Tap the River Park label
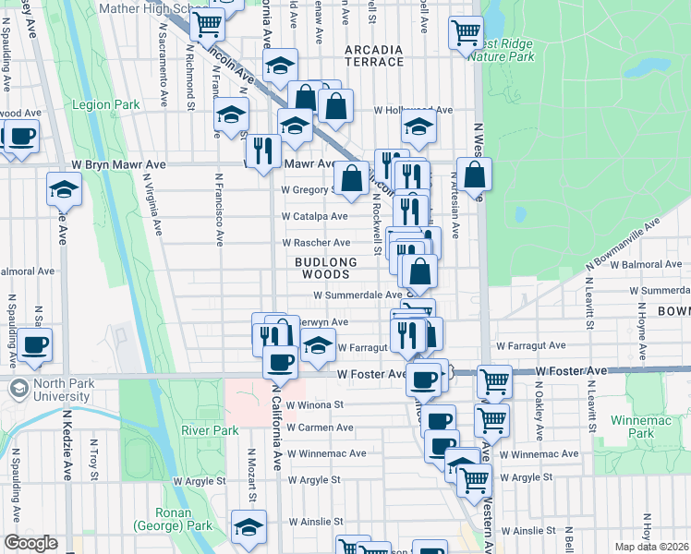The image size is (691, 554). [x=211, y=430]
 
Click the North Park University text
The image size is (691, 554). [x=62, y=391]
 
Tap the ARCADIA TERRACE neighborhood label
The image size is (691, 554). [x=373, y=54]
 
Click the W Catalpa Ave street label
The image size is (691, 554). [x=315, y=217]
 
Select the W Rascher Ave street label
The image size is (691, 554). [x=316, y=243]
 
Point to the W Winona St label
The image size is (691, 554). [x=314, y=404]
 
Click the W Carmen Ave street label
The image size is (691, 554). [x=320, y=428]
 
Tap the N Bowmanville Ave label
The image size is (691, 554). [x=625, y=245]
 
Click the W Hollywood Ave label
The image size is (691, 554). [x=413, y=110]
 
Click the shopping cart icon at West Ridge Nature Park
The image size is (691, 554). [x=466, y=32]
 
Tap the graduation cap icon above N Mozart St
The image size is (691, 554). [x=248, y=526]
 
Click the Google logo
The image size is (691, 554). [x=30, y=543]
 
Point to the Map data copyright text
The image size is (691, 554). [x=651, y=547]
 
